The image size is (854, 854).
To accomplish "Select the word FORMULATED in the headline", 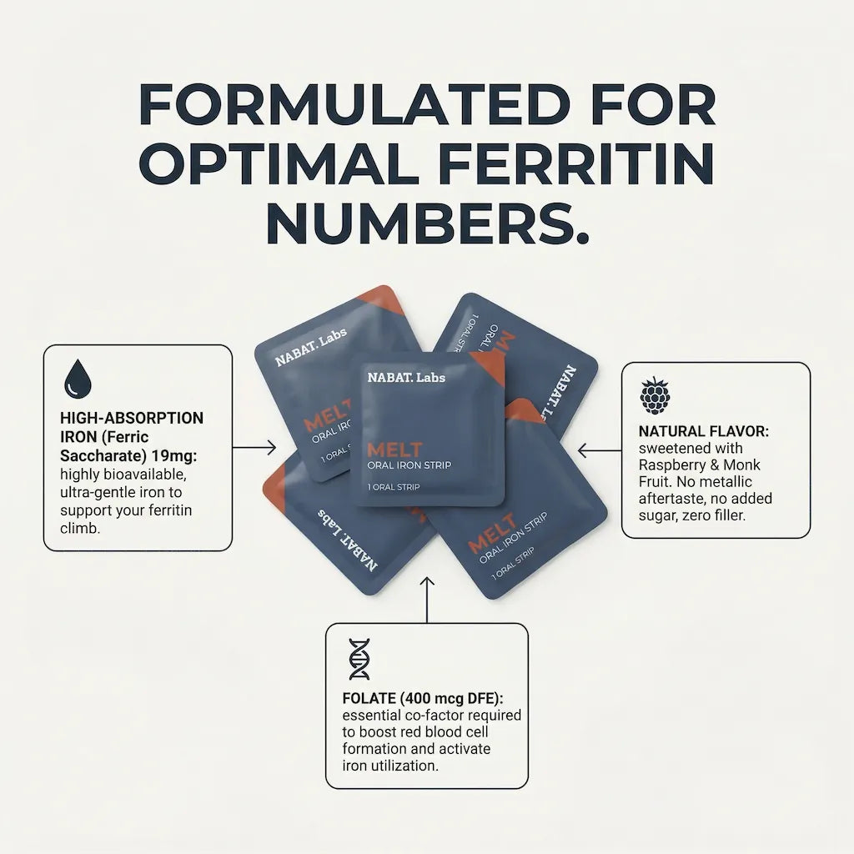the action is click(x=354, y=104).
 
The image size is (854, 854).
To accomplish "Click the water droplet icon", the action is click(x=78, y=379).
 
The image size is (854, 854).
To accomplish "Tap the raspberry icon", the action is click(x=655, y=395).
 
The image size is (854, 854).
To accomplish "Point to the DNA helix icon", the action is click(x=359, y=659).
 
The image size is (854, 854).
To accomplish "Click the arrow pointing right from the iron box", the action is click(x=254, y=448).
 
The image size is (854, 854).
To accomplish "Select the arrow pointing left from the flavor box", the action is click(x=599, y=450).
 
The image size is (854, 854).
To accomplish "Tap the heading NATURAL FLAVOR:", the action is click(x=704, y=431).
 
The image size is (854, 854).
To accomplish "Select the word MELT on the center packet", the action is click(x=394, y=450).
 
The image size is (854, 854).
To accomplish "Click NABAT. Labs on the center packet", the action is click(x=406, y=377).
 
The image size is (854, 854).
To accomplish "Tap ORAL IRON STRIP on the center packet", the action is click(x=409, y=465).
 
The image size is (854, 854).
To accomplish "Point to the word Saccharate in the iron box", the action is click(x=101, y=455).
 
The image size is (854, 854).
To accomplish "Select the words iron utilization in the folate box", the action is click(x=390, y=766).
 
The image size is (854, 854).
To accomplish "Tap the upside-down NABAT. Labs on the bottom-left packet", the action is click(x=348, y=539).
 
